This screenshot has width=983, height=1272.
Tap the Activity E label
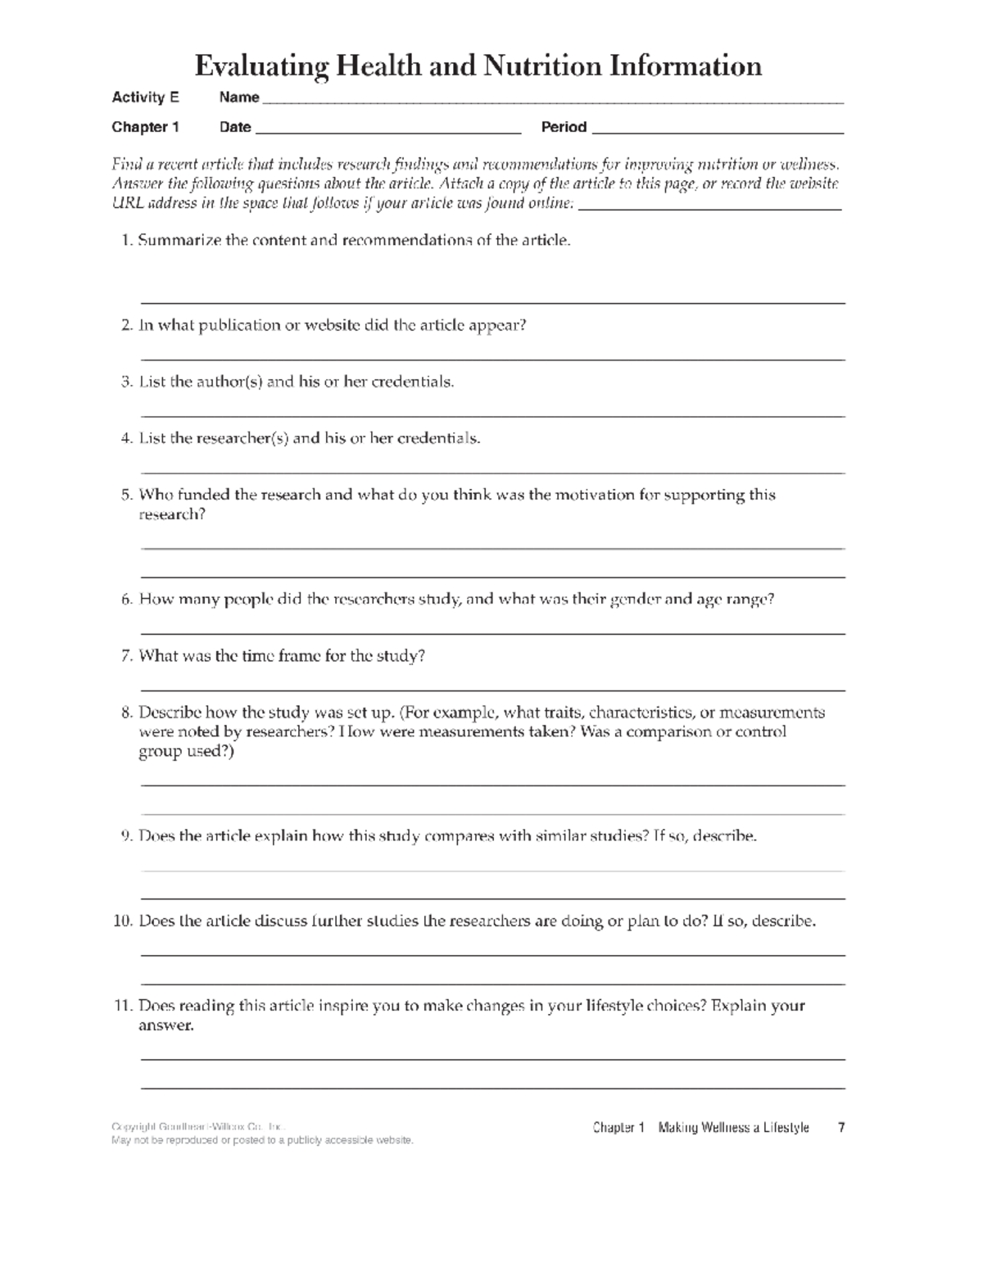coord(145,97)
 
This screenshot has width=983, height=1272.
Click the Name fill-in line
coord(552,102)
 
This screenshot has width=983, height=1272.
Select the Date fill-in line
coord(388,131)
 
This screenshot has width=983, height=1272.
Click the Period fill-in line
coord(717,131)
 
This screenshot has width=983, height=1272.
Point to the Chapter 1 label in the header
coord(145,127)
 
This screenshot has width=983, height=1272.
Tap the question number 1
coord(126,240)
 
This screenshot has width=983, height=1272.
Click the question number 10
coord(123,921)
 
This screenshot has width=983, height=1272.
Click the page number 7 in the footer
coord(840,1128)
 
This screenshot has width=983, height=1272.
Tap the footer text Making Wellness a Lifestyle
coord(733,1128)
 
